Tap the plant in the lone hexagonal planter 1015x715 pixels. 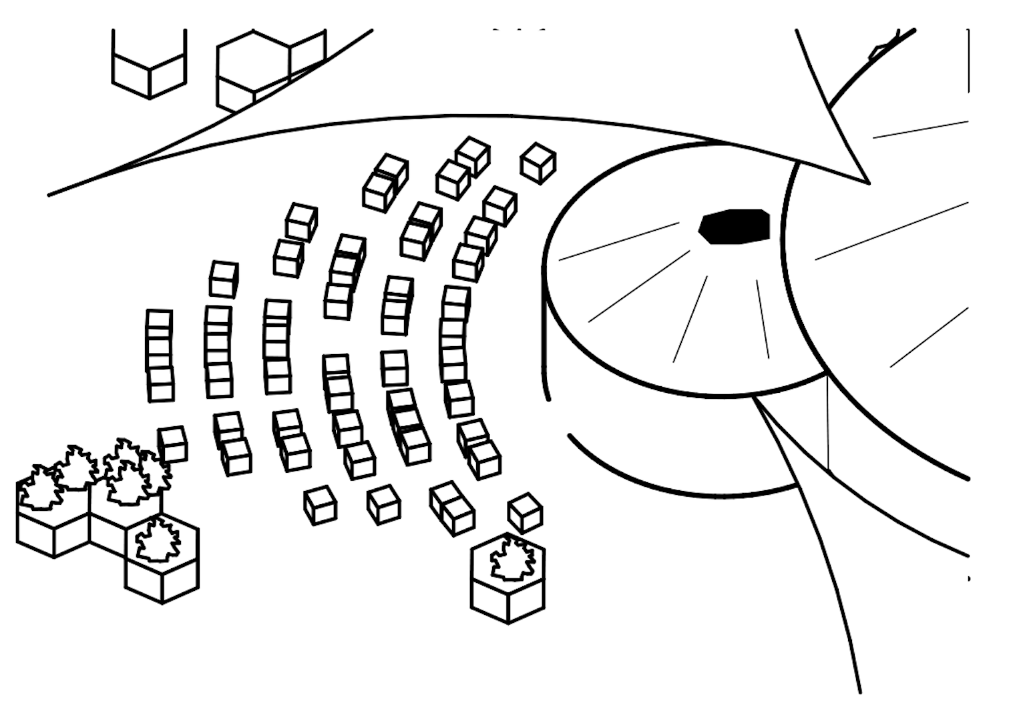click(512, 558)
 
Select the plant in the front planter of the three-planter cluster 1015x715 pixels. click(158, 540)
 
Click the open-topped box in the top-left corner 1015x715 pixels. click(149, 67)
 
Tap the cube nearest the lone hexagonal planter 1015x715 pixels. click(525, 513)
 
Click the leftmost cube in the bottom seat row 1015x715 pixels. click(320, 505)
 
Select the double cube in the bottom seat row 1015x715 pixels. click(452, 508)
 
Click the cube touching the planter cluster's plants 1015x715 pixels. click(174, 444)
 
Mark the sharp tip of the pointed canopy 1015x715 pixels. click(867, 182)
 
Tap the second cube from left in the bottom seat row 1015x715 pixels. click(384, 504)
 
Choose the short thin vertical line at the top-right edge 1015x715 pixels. click(968, 60)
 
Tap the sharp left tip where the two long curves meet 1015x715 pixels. click(50, 195)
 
